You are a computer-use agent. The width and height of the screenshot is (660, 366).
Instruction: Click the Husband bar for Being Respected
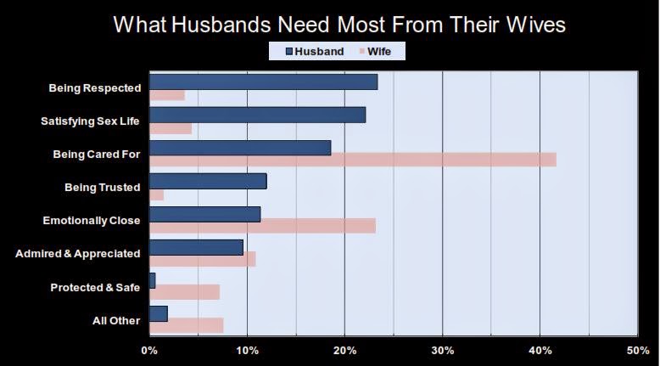tap(263, 82)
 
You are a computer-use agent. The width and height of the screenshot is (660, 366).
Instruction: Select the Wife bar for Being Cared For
tap(352, 160)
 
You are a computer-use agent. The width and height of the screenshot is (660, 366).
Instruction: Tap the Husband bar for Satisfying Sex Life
tap(257, 115)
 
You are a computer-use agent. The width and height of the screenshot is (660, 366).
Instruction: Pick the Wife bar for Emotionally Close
tap(262, 226)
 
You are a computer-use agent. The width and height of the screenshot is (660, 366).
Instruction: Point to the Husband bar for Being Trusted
tap(208, 181)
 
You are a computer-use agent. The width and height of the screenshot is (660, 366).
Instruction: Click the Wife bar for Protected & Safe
tap(184, 292)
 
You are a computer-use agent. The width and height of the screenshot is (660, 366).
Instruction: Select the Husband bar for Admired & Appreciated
tap(196, 247)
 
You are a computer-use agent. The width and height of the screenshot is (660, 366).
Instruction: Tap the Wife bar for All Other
tap(186, 325)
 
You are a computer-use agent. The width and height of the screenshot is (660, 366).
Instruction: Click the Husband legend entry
tap(313, 52)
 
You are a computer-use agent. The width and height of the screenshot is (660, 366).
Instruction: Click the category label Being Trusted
tap(102, 187)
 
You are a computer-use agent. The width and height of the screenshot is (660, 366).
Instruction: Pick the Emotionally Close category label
tap(91, 221)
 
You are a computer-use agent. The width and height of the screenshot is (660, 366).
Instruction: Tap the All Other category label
tap(115, 320)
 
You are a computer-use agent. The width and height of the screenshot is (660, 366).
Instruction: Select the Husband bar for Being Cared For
tap(240, 148)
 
